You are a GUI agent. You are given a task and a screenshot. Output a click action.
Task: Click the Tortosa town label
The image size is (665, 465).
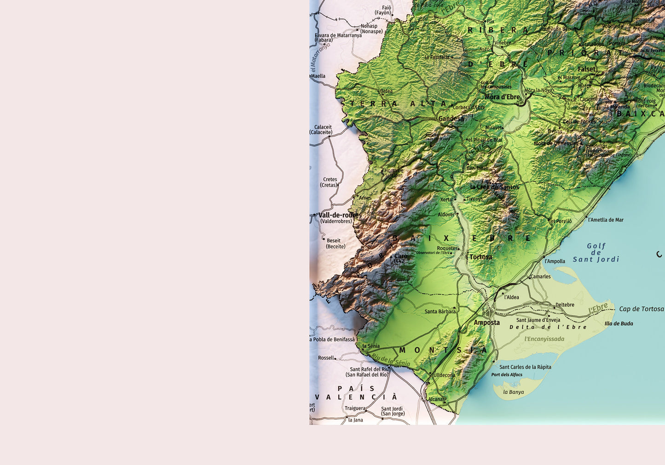click(x=481, y=257)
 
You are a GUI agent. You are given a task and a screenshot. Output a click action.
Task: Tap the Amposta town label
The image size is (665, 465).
click(x=486, y=323)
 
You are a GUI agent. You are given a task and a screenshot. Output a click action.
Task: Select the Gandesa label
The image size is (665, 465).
click(x=451, y=119)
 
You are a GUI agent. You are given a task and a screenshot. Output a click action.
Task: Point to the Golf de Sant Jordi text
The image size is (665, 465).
click(x=596, y=253)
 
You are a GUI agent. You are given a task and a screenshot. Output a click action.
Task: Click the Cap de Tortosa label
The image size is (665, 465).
click(x=641, y=309)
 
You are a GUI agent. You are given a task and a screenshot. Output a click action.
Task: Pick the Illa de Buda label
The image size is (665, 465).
click(x=619, y=323)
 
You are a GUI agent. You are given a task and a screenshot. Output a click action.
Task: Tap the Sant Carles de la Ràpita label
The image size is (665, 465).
click(x=525, y=367)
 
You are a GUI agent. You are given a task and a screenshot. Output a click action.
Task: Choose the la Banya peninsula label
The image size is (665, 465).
click(x=513, y=392)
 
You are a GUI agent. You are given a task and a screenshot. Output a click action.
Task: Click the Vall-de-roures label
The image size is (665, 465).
click(x=340, y=215)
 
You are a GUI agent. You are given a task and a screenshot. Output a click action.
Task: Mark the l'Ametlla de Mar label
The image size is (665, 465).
click(x=606, y=220)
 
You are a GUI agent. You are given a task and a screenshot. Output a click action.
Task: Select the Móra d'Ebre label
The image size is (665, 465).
click(x=502, y=97)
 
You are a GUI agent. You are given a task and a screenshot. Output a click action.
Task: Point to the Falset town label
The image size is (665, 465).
click(x=586, y=69)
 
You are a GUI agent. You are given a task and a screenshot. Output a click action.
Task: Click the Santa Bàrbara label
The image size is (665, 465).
click(x=440, y=312)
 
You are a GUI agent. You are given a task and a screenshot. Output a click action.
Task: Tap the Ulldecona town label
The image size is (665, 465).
click(x=444, y=375)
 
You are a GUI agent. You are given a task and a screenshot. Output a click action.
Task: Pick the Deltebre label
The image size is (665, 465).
click(x=565, y=305)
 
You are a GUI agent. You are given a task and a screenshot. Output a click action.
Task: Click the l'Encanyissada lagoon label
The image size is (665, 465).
click(x=544, y=339)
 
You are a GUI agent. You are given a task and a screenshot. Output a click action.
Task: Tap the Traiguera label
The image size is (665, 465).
click(x=355, y=408)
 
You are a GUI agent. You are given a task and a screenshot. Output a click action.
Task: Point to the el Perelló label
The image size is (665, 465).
click(x=561, y=221)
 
